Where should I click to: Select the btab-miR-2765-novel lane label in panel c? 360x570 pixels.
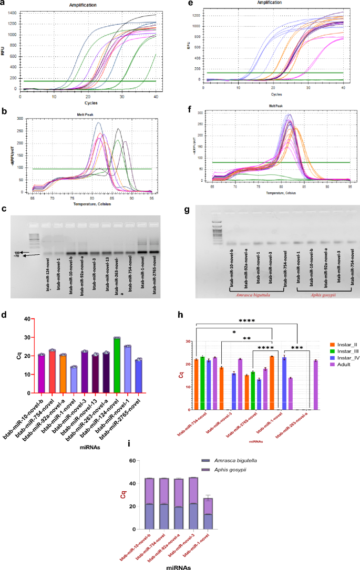(155, 282)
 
